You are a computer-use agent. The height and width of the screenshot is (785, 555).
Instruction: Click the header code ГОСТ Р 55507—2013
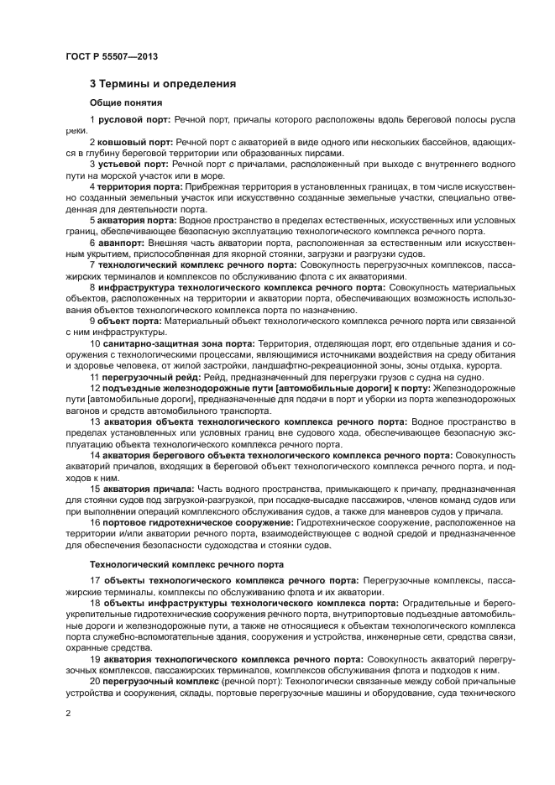112,56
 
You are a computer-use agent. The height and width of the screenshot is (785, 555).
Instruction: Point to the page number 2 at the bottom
68,714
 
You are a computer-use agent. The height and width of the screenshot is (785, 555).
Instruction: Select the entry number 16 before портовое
95,521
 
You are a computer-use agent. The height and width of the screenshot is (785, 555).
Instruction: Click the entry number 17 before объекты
95,581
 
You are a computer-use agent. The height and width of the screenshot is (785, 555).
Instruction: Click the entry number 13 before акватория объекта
95,421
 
